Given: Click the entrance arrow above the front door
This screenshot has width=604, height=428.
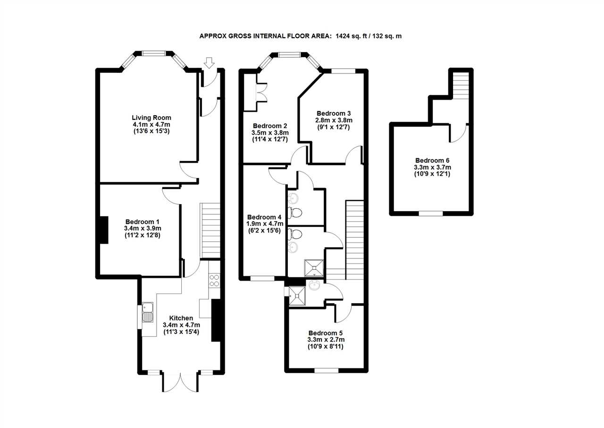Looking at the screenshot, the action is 209,63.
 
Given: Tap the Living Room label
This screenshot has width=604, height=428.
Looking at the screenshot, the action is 151,118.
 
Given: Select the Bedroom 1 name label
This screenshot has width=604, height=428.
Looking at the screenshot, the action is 143,222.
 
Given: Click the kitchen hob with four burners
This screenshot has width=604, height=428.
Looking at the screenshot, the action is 214,280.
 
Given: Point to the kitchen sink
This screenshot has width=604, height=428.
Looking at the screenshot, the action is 148,312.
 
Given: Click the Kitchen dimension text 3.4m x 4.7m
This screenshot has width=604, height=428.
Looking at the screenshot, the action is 182,325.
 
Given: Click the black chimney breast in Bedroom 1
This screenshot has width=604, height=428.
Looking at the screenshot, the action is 104,230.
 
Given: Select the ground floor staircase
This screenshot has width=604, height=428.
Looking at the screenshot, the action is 210,231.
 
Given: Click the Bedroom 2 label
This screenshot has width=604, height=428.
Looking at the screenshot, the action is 270,126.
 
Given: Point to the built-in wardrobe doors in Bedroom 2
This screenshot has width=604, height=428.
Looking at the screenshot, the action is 262,92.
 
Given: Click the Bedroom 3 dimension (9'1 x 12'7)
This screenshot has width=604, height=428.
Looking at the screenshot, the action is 334,127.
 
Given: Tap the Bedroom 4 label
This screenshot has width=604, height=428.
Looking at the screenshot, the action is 264,217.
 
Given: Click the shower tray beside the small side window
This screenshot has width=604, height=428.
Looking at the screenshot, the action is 297,296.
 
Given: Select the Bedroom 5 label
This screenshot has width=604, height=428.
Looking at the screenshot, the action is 326,333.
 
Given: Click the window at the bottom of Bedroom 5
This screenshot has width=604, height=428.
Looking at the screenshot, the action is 326,371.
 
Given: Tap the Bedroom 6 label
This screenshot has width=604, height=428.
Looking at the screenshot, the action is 432,161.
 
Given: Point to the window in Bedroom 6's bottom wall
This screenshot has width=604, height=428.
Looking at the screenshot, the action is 431,214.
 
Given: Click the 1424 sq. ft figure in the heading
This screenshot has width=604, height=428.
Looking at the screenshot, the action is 352,36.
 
